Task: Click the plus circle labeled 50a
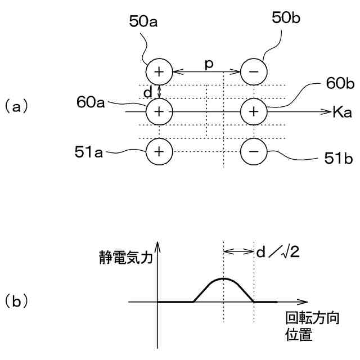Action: click(159, 72)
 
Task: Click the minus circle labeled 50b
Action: click(254, 72)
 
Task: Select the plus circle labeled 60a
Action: click(159, 111)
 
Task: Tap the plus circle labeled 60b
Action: click(254, 111)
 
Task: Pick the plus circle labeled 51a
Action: click(159, 151)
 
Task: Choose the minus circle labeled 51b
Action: click(254, 151)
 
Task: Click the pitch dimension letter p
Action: click(208, 64)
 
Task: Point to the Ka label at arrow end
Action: click(342, 112)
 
